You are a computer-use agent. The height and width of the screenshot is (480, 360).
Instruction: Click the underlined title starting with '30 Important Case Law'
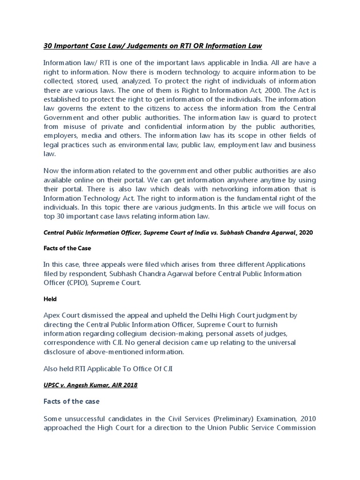point(152,45)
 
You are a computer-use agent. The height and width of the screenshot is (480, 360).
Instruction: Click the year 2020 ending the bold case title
point(305,232)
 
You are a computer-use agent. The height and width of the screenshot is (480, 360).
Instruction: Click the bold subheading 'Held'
point(50,299)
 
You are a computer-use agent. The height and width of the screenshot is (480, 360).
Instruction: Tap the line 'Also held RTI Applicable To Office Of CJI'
point(108,368)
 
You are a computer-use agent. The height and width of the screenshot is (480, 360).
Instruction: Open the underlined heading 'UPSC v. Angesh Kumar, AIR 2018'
point(90,385)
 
